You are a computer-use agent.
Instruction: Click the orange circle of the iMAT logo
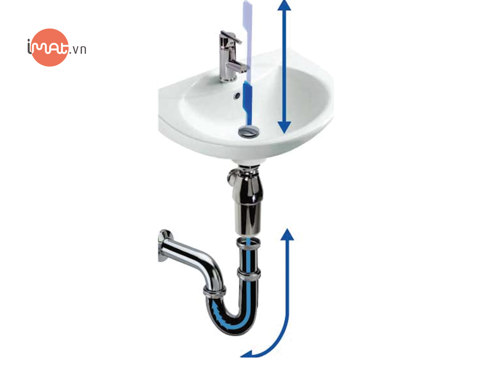tap(50, 48)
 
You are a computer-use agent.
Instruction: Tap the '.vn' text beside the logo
tap(78, 50)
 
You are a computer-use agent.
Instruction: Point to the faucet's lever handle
tap(231, 37)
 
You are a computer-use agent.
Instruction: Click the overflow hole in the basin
tap(237, 96)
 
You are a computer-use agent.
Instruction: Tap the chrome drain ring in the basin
tap(248, 131)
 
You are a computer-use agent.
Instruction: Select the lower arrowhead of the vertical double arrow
tap(284, 127)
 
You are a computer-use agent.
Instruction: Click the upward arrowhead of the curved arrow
tap(287, 235)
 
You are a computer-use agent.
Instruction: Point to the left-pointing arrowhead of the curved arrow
tap(247, 354)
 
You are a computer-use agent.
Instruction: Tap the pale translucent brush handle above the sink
tap(248, 41)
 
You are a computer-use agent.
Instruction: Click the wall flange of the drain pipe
tap(164, 246)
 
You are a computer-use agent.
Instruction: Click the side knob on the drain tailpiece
tap(232, 176)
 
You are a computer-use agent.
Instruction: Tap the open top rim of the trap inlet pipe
tap(248, 242)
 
